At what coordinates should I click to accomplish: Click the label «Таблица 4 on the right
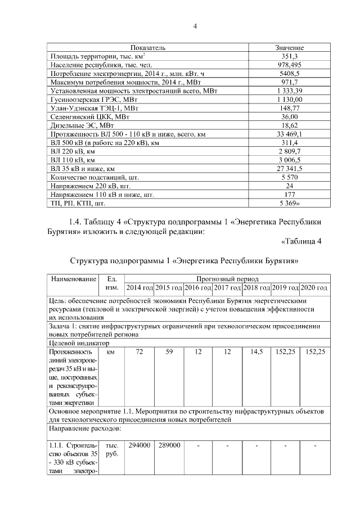(300, 242)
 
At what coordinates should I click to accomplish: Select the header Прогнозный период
(227, 278)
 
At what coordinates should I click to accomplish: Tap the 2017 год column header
(227, 288)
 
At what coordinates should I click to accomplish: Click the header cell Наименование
(73, 278)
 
